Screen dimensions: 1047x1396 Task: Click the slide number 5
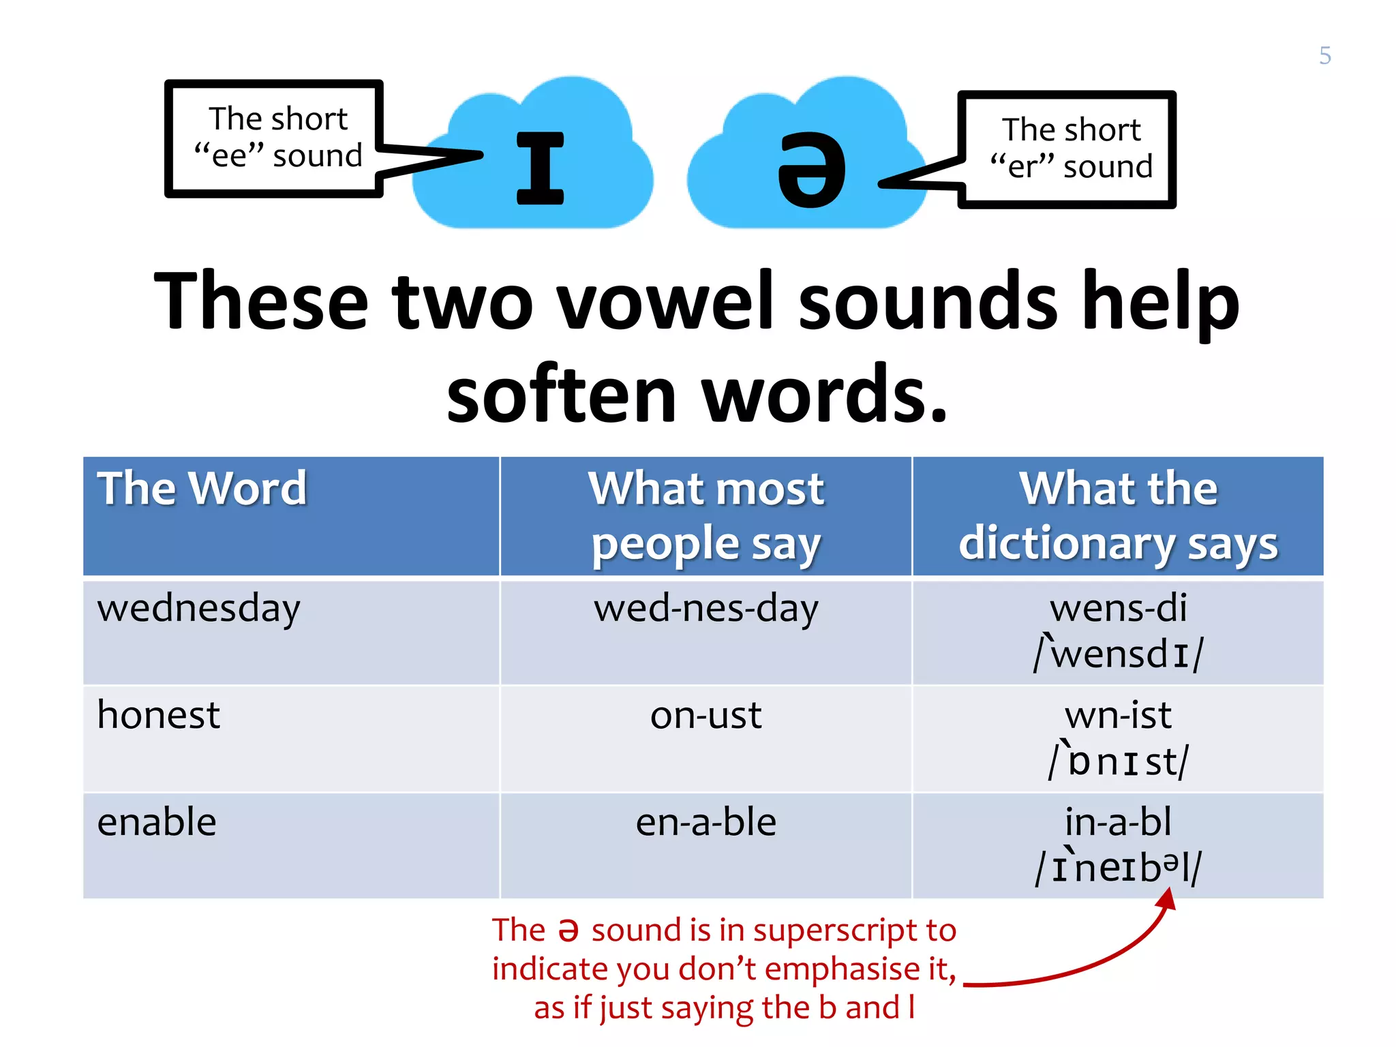pyautogui.click(x=1324, y=55)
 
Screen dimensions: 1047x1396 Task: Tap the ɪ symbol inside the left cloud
pyautogui.click(x=540, y=168)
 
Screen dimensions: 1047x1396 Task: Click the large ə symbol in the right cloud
pyautogui.click(x=811, y=170)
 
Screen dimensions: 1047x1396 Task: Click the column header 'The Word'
pyautogui.click(x=202, y=489)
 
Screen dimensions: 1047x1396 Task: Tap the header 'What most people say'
pyautogui.click(x=706, y=516)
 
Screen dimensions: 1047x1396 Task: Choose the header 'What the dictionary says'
pyautogui.click(x=1118, y=516)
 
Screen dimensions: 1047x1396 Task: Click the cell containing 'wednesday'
pyautogui.click(x=198, y=608)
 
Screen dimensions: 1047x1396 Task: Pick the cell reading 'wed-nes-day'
pyautogui.click(x=706, y=608)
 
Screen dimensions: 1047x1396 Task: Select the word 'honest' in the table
pyautogui.click(x=158, y=715)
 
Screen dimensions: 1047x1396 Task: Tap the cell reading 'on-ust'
pyautogui.click(x=706, y=716)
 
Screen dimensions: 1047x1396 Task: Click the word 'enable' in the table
pyautogui.click(x=157, y=822)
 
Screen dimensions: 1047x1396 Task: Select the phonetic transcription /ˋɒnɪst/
pyautogui.click(x=1118, y=761)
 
